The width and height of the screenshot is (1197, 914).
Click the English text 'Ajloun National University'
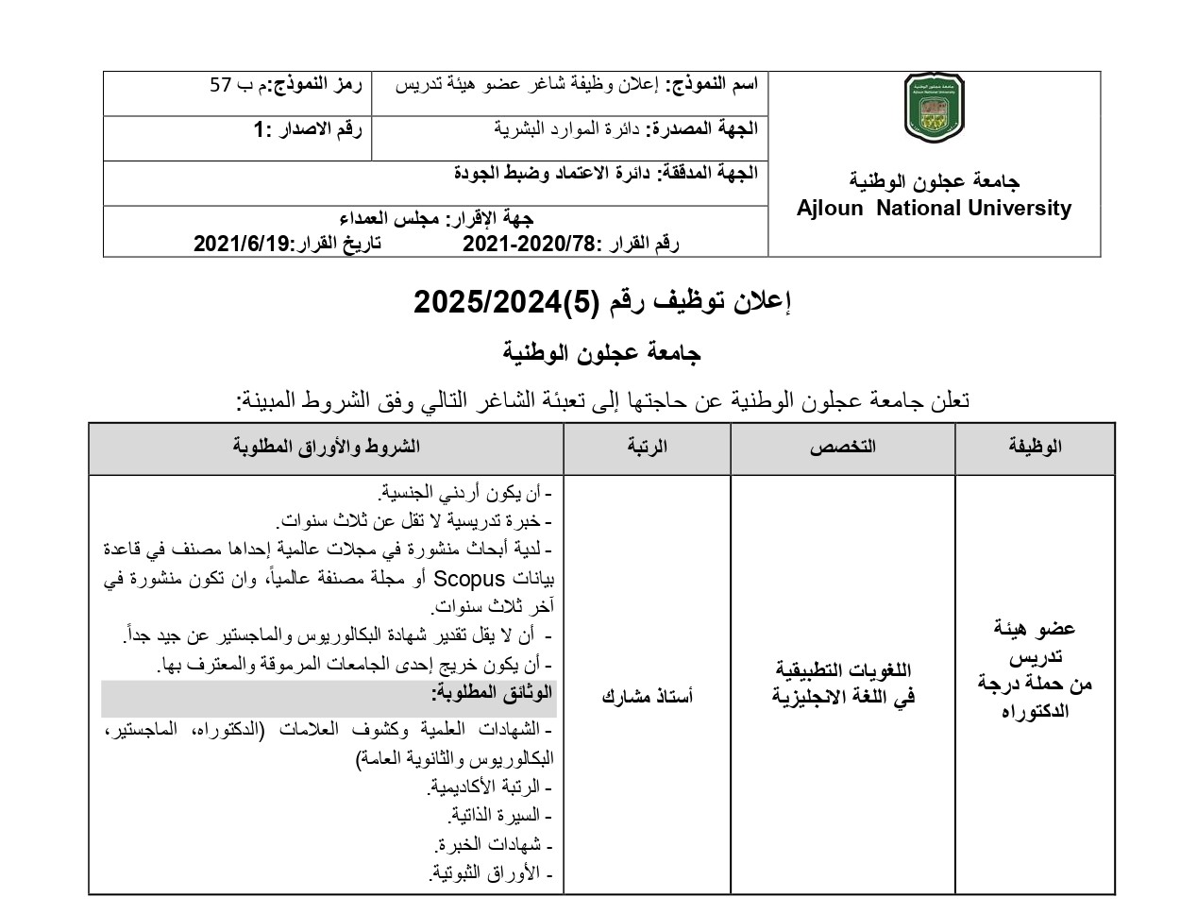point(934,209)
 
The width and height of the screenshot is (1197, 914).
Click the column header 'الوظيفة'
point(1035,447)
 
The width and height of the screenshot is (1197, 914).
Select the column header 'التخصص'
point(842,447)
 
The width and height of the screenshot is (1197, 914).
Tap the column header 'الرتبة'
point(647,447)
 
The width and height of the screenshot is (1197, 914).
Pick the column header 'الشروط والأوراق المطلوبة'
point(326,447)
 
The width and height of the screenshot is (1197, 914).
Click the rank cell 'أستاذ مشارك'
point(647,697)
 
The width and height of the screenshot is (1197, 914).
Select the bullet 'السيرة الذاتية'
point(499,815)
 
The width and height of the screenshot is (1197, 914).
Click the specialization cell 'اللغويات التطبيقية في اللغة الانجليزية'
point(842,684)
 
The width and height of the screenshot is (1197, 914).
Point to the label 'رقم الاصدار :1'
point(307,129)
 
